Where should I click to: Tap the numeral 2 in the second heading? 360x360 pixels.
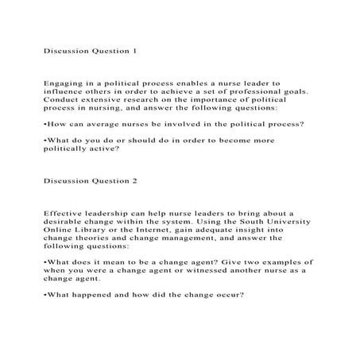(x=136, y=180)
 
